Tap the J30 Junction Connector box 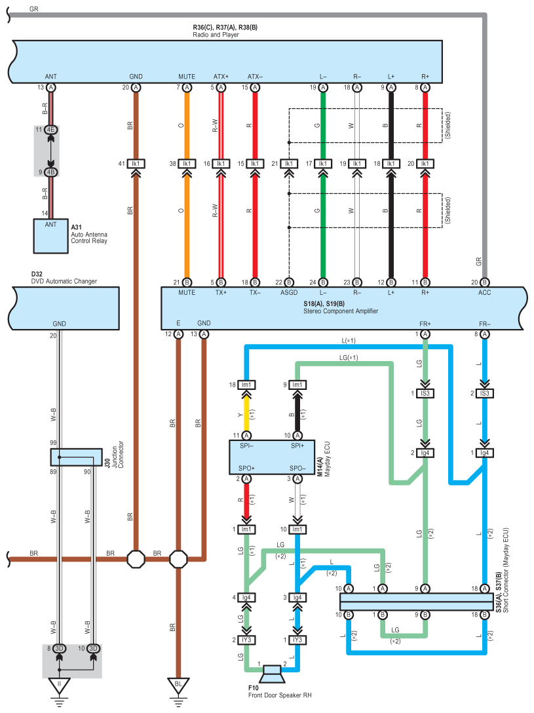click(x=76, y=456)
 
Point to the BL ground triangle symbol click(x=178, y=685)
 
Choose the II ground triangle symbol click(x=60, y=685)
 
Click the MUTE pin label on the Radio click(x=187, y=77)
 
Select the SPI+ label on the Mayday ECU click(x=297, y=446)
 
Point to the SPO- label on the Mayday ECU click(x=297, y=469)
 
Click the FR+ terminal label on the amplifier click(x=425, y=324)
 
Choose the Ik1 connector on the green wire click(x=322, y=163)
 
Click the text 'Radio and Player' click(x=216, y=35)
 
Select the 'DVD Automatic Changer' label click(x=64, y=281)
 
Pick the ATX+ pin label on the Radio click(x=221, y=77)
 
